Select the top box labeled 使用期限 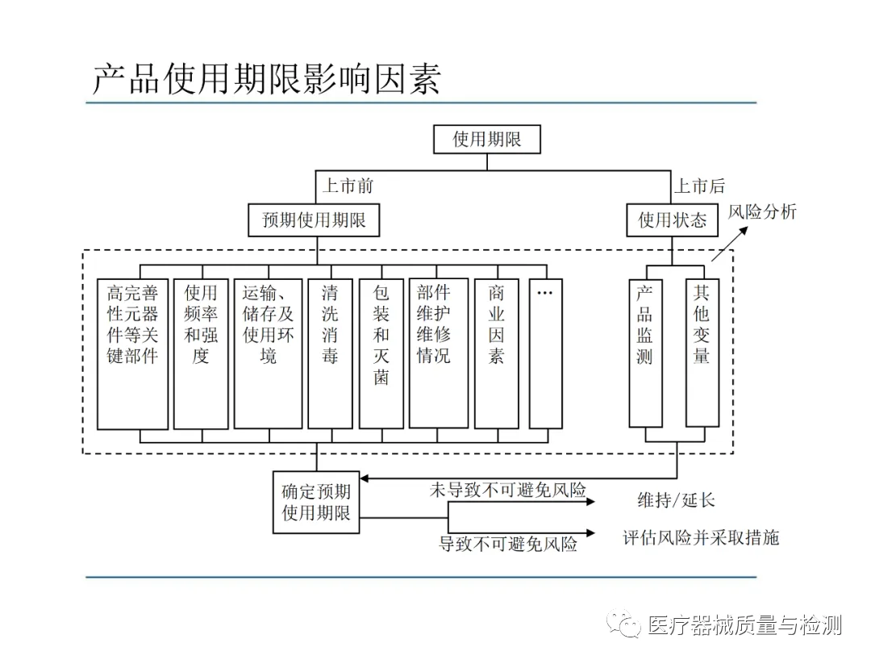tap(486, 139)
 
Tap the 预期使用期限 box tap(314, 219)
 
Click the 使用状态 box tap(672, 219)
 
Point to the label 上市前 tap(348, 186)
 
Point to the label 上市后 tap(699, 186)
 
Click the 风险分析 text tap(762, 211)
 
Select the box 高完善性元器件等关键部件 tap(132, 353)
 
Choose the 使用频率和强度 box tap(201, 353)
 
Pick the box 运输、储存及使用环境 tap(268, 353)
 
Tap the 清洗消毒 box tap(330, 353)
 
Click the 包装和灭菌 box tap(381, 353)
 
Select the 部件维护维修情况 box tap(438, 353)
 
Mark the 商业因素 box tap(496, 353)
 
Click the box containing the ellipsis tap(545, 353)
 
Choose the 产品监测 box tap(645, 353)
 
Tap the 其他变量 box tap(702, 352)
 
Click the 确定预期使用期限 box tap(316, 502)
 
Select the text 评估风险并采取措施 tap(701, 537)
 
